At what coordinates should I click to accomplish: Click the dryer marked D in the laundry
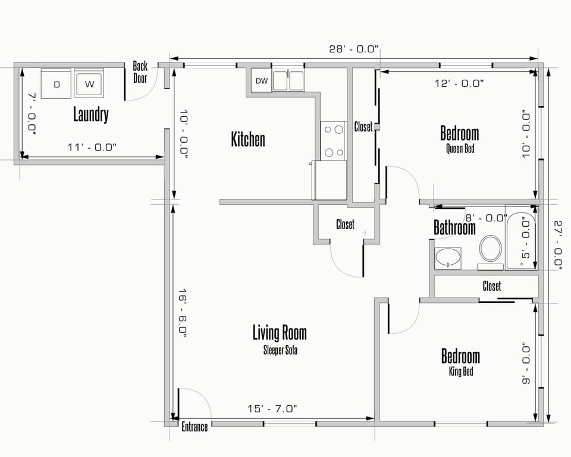[57, 83]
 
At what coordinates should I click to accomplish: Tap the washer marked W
[89, 83]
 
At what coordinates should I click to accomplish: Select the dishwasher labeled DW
[261, 81]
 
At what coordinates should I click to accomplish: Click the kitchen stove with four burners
[333, 140]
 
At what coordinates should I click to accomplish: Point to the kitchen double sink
[289, 80]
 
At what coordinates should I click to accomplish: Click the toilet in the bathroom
[491, 249]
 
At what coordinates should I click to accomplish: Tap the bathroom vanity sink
[447, 258]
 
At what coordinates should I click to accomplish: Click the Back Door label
[140, 72]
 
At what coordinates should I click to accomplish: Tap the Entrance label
[194, 427]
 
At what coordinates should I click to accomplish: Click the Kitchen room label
[248, 140]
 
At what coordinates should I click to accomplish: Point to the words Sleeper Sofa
[280, 350]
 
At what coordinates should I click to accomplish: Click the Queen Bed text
[460, 149]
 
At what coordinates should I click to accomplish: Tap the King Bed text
[460, 373]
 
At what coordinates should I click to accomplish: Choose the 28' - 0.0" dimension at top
[353, 49]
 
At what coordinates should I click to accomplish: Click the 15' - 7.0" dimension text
[272, 409]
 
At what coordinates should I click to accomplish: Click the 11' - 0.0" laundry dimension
[92, 147]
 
